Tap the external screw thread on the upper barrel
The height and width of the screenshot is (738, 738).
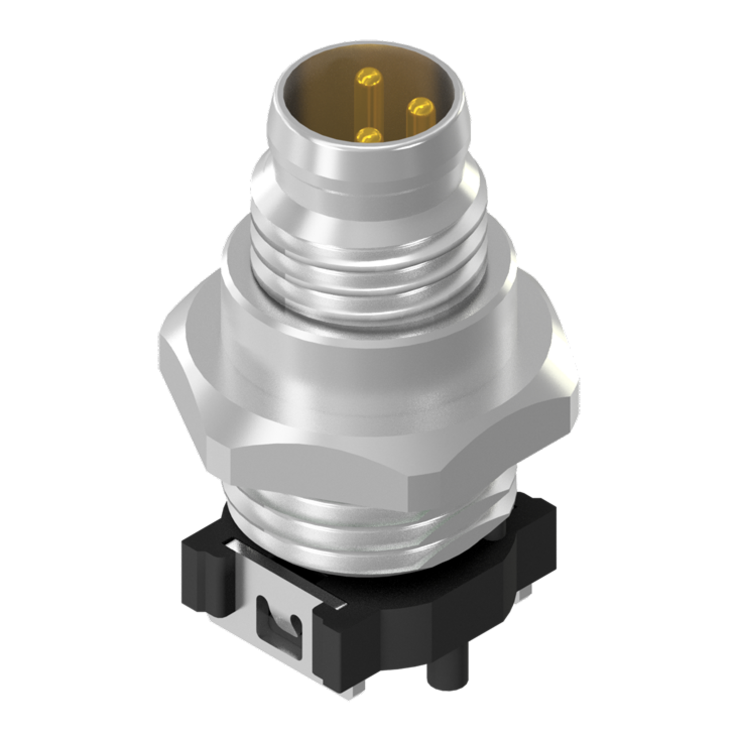click(x=367, y=268)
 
